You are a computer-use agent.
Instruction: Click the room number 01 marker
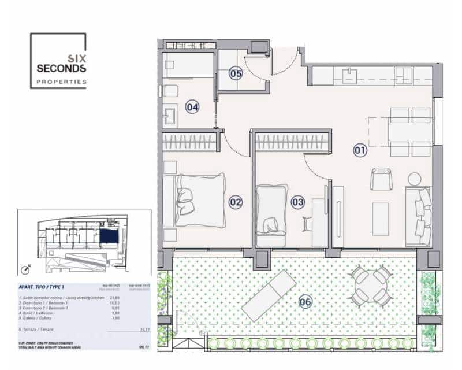tap(360, 151)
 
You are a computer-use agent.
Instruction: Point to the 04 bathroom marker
tap(192, 107)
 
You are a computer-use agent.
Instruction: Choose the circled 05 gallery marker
tap(236, 73)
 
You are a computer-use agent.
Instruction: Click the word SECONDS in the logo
tap(61, 68)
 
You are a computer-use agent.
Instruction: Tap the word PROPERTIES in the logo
tap(61, 82)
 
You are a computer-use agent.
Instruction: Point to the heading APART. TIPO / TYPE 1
tap(42, 287)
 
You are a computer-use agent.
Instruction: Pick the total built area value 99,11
tap(143, 348)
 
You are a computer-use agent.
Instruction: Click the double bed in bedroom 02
tap(199, 199)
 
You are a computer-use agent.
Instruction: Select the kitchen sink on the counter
tap(349, 75)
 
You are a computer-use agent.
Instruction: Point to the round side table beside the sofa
tap(415, 178)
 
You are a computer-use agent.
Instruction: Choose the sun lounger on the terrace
tap(269, 295)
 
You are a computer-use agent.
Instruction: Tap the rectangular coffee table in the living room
tap(381, 219)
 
